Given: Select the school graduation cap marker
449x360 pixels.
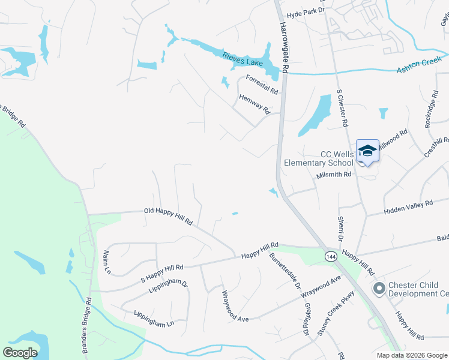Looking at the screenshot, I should [367, 151].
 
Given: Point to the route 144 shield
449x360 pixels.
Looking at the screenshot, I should [331, 256].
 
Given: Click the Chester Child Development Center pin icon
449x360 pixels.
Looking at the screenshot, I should [379, 289].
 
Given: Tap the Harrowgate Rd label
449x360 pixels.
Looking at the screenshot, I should [283, 49].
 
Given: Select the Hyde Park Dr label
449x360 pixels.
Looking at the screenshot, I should [306, 10].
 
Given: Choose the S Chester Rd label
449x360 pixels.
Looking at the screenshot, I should [342, 108].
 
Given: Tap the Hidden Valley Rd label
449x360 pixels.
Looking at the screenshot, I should [408, 207].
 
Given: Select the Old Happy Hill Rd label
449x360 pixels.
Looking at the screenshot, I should [168, 216].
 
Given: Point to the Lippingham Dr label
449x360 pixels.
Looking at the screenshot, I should [168, 286].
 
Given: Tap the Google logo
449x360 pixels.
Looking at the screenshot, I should [20, 352].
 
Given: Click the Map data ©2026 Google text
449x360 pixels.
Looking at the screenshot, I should [411, 355].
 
